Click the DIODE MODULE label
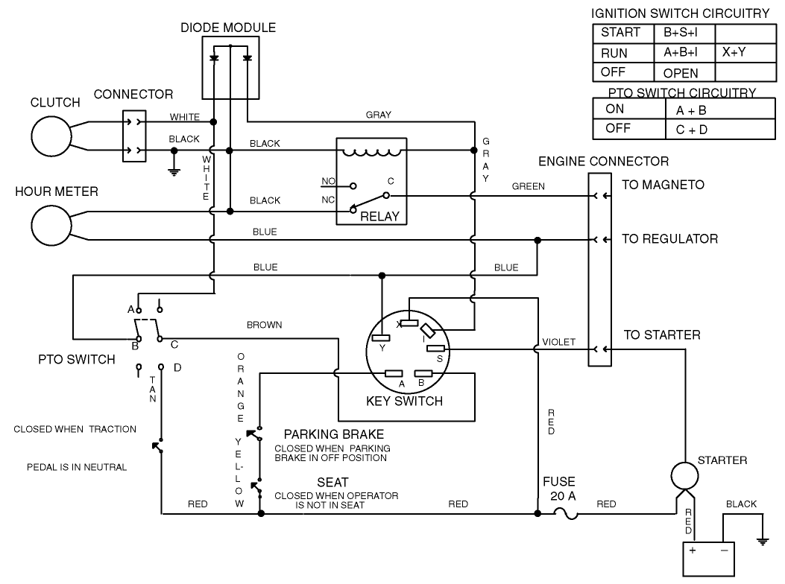(x=228, y=28)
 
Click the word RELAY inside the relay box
(x=379, y=217)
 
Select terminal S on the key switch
(x=435, y=349)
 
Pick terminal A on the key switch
(x=394, y=374)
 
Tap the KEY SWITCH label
(x=404, y=401)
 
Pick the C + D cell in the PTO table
(x=690, y=130)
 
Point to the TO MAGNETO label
(x=663, y=185)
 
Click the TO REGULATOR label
(x=669, y=239)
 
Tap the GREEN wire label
(x=528, y=186)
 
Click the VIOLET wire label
(x=558, y=342)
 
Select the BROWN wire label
(x=264, y=325)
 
